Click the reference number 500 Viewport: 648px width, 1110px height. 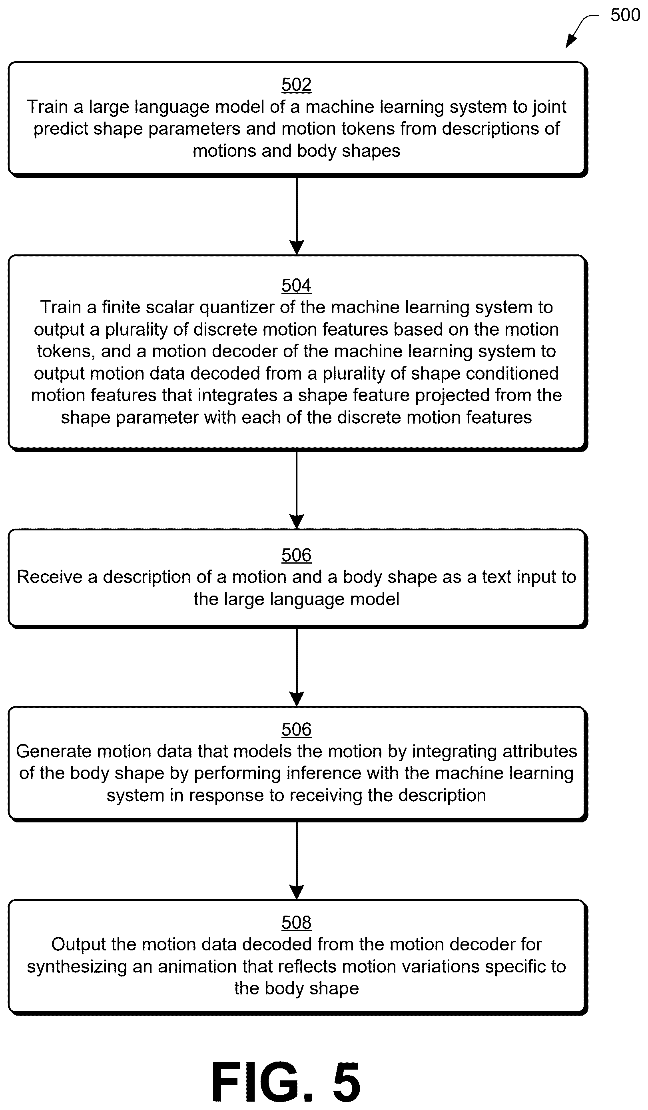[x=625, y=16]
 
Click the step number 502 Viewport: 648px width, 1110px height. [x=296, y=84]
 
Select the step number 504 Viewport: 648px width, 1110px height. [x=296, y=286]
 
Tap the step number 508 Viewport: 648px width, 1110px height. [x=296, y=922]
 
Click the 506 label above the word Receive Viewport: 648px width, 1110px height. [x=296, y=555]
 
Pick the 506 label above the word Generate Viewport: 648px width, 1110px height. [x=296, y=730]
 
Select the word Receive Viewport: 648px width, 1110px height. [x=49, y=577]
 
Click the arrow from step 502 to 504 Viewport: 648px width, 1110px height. [x=296, y=216]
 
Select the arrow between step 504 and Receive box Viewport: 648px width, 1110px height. [x=296, y=490]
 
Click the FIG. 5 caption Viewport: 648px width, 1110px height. [x=286, y=1080]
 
